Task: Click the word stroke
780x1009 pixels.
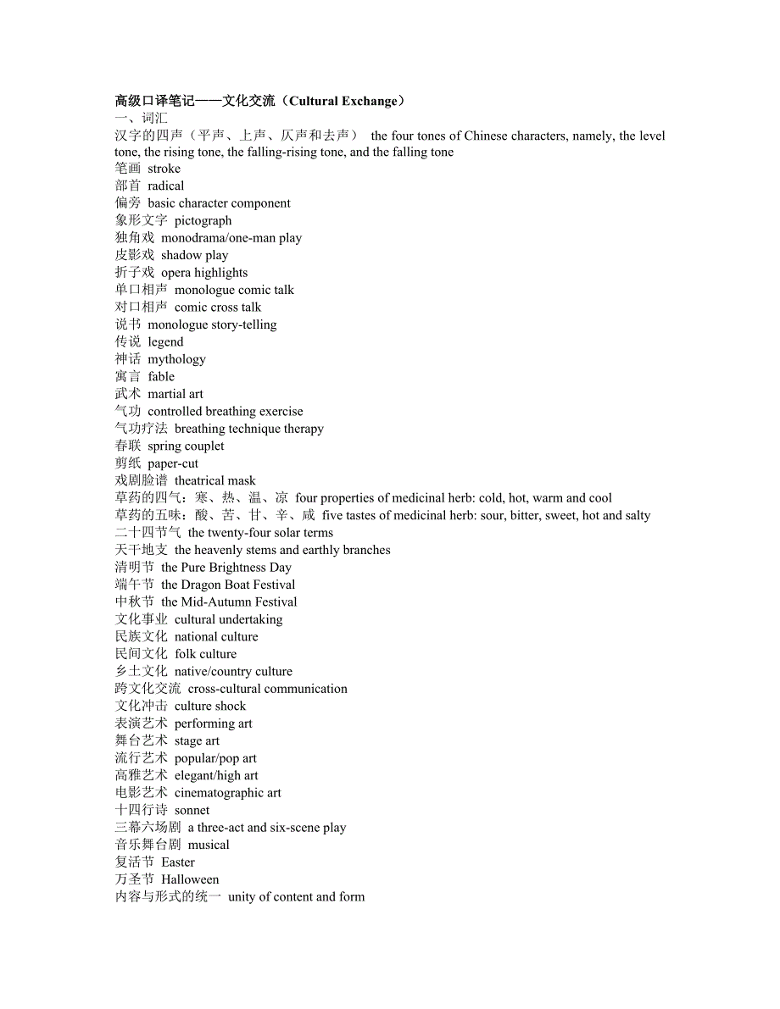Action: [164, 169]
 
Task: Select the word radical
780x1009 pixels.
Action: [165, 186]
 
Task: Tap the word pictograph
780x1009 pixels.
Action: [203, 220]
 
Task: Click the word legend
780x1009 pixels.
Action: [165, 341]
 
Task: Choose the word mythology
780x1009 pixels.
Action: [176, 359]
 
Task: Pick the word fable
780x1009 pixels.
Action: [161, 376]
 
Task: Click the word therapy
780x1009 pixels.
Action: [304, 429]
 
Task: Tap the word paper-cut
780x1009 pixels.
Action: [173, 463]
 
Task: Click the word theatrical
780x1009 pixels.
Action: [201, 480]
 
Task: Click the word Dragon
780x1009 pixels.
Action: [203, 585]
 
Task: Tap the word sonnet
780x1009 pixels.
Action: [192, 810]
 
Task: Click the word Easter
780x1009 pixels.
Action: [178, 862]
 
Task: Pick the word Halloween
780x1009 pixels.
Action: [190, 879]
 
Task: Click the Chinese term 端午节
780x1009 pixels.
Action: [135, 585]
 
